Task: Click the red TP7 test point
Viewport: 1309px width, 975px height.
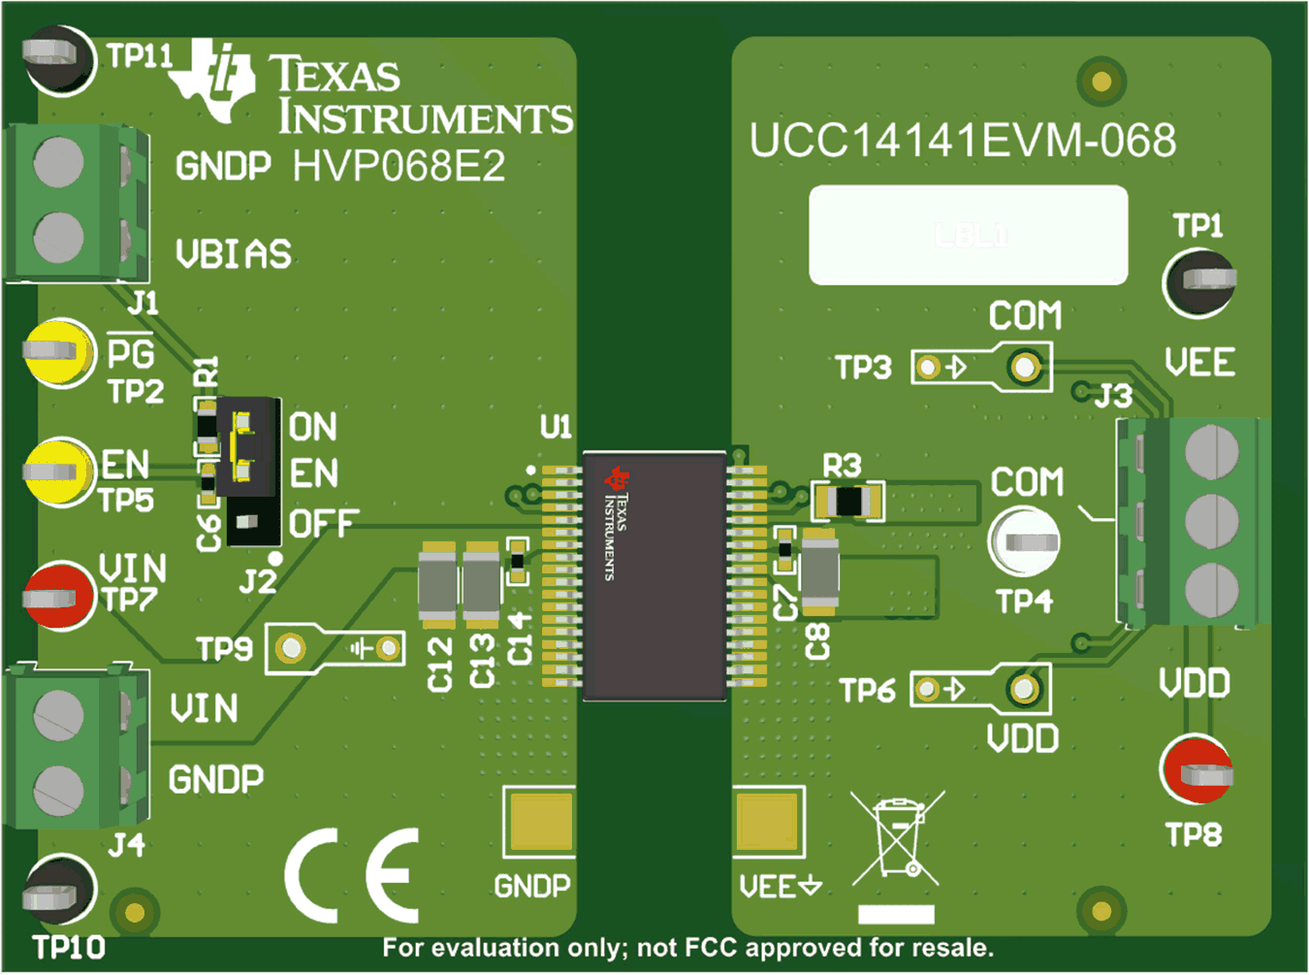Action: (58, 596)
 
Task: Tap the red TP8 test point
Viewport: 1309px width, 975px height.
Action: (1197, 770)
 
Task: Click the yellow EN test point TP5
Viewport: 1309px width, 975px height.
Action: (58, 471)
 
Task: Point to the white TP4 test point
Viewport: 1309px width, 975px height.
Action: (1024, 540)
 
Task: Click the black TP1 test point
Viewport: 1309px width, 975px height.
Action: (1199, 281)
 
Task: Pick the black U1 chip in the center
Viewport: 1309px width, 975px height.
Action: (654, 574)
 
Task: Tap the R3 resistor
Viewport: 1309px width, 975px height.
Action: (848, 502)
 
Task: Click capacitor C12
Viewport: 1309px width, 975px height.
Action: (437, 586)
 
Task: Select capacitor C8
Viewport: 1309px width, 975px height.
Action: (819, 572)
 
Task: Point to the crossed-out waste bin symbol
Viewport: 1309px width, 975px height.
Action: (897, 837)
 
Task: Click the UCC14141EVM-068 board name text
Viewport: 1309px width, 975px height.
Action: (962, 142)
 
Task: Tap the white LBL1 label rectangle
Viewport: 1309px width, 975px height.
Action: (968, 235)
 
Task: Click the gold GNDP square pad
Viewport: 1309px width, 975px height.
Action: (538, 821)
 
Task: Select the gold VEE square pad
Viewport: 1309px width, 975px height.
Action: (769, 821)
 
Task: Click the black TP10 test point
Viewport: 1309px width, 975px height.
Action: (58, 891)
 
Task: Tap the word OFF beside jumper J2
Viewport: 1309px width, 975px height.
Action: (323, 525)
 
